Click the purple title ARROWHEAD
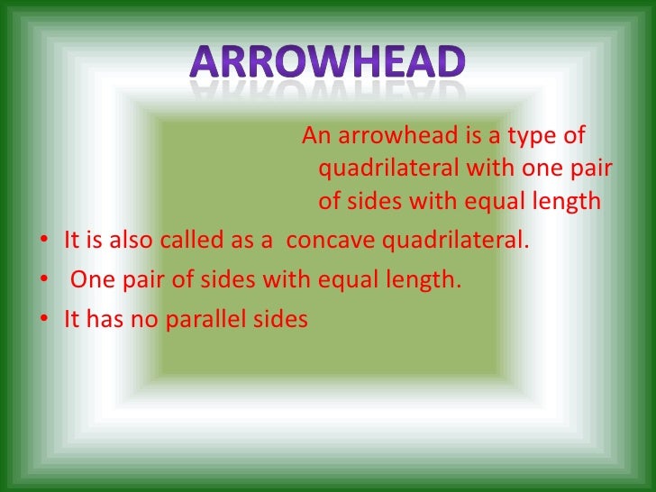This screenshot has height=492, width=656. pos(328,61)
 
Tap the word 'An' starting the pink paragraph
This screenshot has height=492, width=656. pos(315,136)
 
